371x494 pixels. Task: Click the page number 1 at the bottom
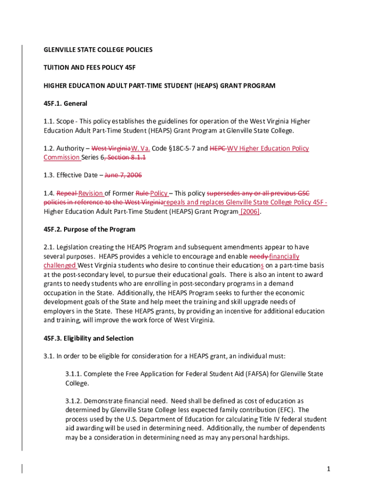click(x=328, y=469)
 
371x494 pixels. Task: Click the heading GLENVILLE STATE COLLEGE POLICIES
click(x=98, y=50)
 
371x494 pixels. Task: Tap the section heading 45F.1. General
click(x=66, y=103)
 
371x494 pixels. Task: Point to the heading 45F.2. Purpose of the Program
click(x=90, y=229)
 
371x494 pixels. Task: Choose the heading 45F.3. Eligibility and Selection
click(x=89, y=338)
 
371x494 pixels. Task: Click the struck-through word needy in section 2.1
click(x=259, y=256)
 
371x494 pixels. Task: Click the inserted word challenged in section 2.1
click(x=60, y=265)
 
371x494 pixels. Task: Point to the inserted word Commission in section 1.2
click(x=62, y=157)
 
